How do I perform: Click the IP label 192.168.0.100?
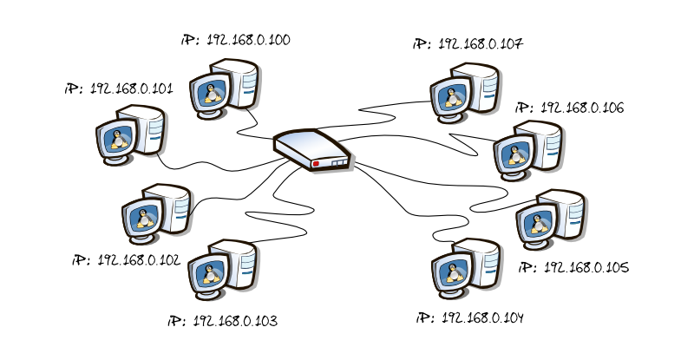point(236,41)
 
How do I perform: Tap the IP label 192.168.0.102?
point(127,259)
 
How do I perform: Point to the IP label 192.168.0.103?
point(223,321)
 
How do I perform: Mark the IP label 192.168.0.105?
point(573,267)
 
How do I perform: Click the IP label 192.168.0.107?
point(468,43)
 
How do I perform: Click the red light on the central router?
point(317,163)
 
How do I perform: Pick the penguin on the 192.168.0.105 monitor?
point(539,224)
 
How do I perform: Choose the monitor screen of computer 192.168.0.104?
point(453,271)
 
